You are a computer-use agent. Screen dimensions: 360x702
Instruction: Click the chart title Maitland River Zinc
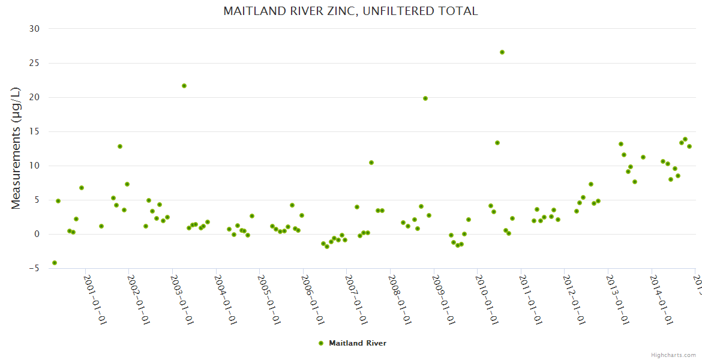coord(350,11)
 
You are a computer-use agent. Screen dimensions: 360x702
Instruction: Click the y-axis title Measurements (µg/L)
coord(16,148)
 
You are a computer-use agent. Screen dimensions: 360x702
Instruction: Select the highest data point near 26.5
coord(502,52)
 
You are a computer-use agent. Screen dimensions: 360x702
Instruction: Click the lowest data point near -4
coord(55,263)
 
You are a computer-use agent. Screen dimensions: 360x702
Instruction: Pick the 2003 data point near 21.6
coord(184,86)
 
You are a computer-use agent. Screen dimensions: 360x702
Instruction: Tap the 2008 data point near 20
coord(425,98)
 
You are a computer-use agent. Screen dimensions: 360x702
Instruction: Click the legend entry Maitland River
coord(357,343)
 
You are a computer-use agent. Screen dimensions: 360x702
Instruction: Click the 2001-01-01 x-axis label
coord(95,299)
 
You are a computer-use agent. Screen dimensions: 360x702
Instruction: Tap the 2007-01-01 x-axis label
coord(356,299)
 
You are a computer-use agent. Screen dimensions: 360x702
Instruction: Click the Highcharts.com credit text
coord(674,355)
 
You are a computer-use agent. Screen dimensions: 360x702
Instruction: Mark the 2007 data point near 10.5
coord(371,163)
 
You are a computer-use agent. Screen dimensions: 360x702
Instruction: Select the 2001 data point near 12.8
coord(120,146)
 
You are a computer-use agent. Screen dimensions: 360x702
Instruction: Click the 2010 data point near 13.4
coord(497,143)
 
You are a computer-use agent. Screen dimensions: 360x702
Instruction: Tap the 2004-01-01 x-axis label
coord(226,299)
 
